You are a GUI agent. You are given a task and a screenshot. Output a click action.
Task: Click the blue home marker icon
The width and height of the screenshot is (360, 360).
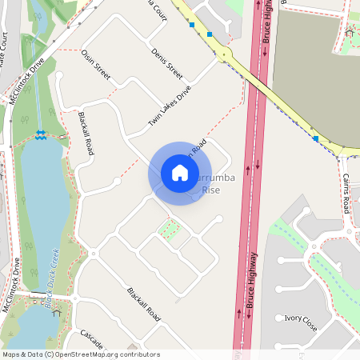180,173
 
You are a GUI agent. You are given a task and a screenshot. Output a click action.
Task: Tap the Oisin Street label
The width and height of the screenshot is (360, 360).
96,65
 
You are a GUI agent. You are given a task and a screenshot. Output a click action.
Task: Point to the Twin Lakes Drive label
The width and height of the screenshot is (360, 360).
170,106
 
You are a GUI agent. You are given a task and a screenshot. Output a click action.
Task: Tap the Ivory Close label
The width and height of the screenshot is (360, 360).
301,327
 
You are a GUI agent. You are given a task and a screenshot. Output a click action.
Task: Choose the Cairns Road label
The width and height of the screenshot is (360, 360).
346,193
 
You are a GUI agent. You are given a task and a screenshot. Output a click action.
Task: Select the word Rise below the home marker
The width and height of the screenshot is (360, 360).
210,190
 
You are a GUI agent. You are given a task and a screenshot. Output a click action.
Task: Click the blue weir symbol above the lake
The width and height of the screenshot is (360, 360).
40,134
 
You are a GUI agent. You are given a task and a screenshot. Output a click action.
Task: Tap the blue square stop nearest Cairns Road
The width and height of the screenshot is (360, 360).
316,138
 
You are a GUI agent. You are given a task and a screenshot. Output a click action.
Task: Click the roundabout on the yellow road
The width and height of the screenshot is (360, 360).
225,54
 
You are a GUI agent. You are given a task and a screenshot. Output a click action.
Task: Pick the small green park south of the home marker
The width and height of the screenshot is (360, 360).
169,231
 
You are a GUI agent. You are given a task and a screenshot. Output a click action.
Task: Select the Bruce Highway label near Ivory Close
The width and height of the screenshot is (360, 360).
251,281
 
